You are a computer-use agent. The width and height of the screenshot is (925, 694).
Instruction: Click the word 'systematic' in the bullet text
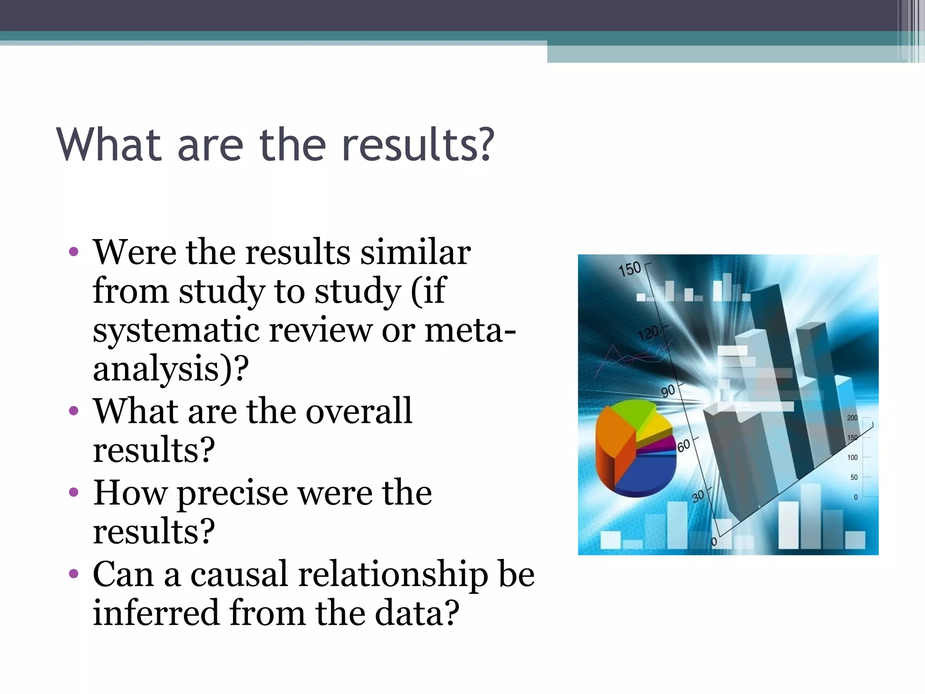[176, 330]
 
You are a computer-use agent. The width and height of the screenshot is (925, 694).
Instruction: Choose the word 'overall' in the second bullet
[359, 411]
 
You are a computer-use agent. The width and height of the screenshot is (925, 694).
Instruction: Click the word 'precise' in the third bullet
[232, 493]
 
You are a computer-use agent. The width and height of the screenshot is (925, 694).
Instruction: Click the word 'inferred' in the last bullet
[156, 613]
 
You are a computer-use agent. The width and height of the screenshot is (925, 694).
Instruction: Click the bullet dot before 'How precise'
[74, 492]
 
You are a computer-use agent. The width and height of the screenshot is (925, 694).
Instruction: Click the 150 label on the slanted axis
[630, 269]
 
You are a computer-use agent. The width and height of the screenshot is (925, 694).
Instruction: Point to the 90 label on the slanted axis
[668, 391]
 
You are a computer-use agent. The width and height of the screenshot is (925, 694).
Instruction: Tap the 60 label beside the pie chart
[683, 445]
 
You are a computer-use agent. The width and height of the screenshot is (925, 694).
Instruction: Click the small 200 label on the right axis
[852, 418]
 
